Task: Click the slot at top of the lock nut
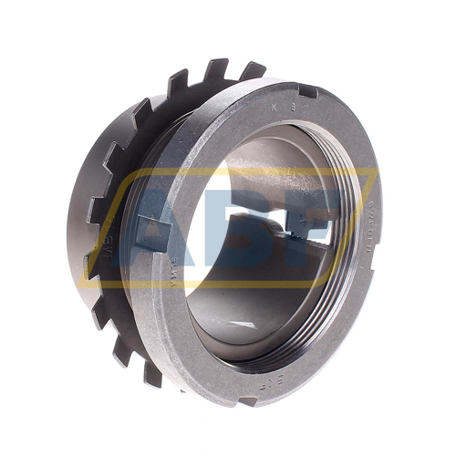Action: (x=308, y=90)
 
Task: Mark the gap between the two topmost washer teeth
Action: (x=233, y=73)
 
